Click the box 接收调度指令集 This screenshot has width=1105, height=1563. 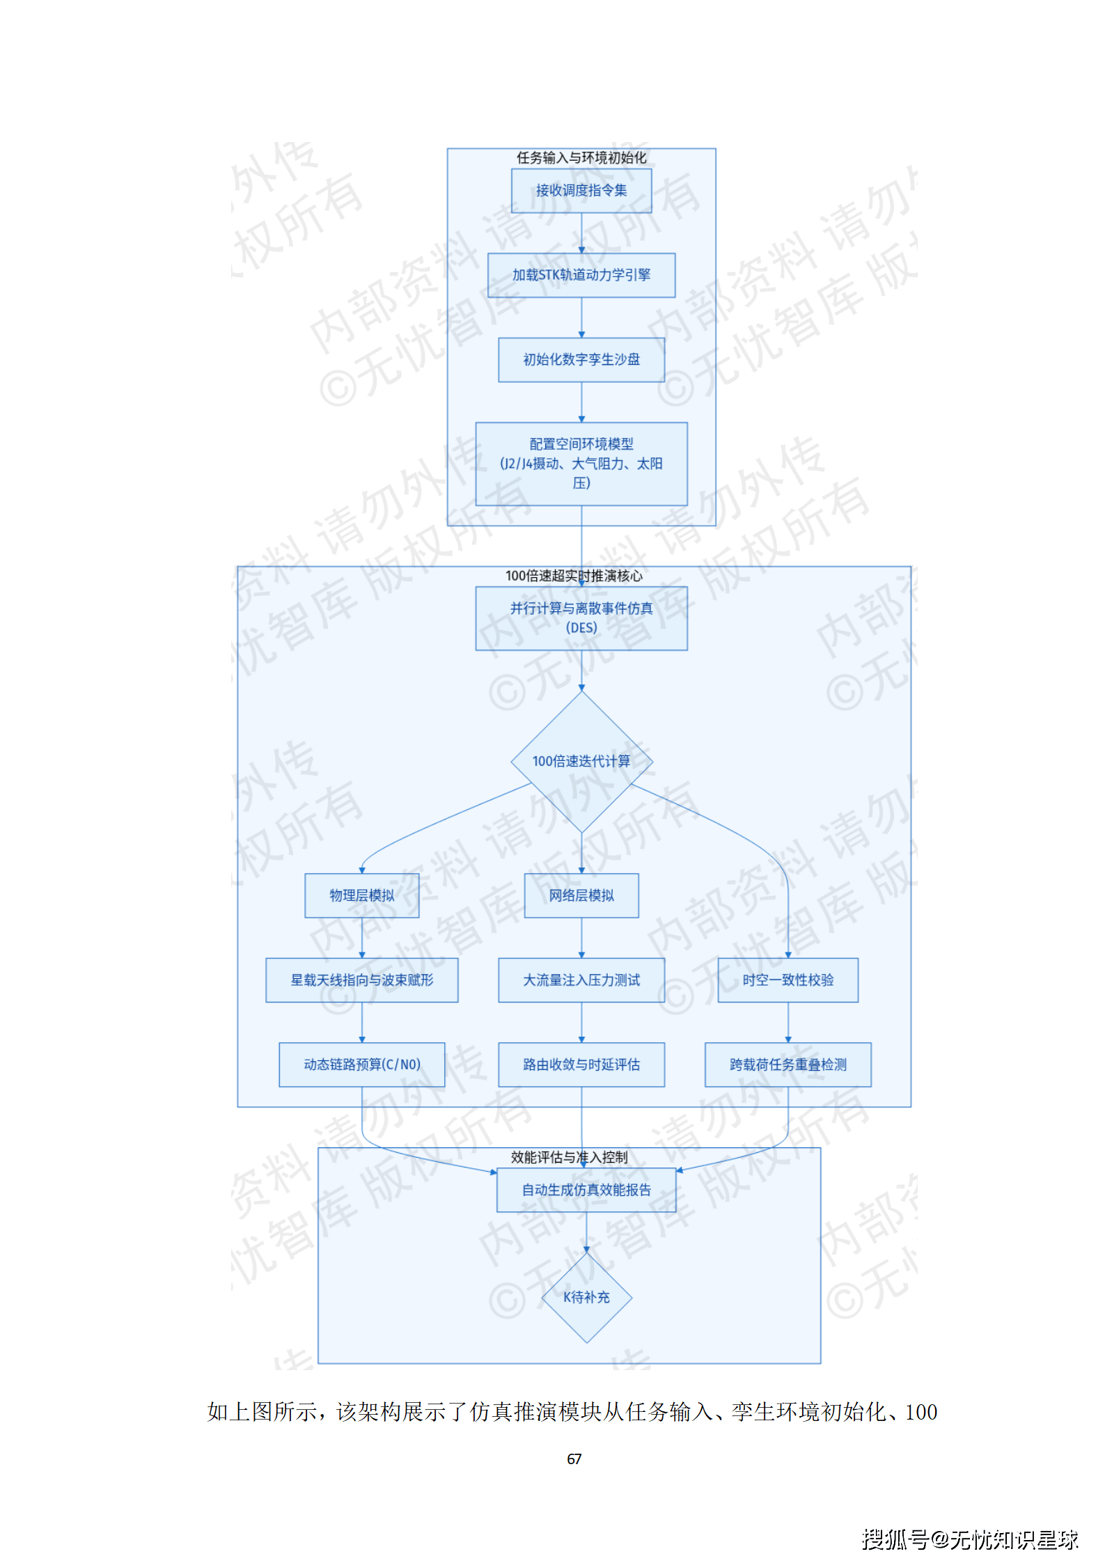coord(581,190)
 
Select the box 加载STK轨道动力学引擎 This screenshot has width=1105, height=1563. coord(581,275)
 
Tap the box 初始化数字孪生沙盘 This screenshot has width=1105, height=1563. coord(581,359)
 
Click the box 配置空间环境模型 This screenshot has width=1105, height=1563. coord(581,463)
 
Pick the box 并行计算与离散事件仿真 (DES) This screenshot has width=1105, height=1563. coord(581,618)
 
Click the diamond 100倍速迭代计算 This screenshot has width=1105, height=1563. coord(581,761)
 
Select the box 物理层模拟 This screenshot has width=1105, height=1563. coord(361,895)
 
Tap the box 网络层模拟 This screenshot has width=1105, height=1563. coord(581,895)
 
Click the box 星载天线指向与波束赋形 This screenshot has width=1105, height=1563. coord(361,980)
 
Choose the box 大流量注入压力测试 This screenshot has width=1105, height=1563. coord(581,980)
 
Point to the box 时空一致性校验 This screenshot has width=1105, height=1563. coord(787,980)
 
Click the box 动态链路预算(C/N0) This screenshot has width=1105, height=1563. coord(361,1065)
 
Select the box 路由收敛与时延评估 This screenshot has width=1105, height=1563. coord(581,1065)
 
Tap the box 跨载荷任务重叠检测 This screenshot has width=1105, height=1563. coord(787,1065)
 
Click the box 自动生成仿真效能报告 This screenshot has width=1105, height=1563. coord(586,1190)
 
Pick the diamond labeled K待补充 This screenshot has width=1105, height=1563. coord(586,1297)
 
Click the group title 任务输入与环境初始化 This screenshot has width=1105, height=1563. coord(581,158)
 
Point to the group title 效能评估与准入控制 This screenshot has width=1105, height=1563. coord(569,1157)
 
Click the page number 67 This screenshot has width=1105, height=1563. coord(574,1459)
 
